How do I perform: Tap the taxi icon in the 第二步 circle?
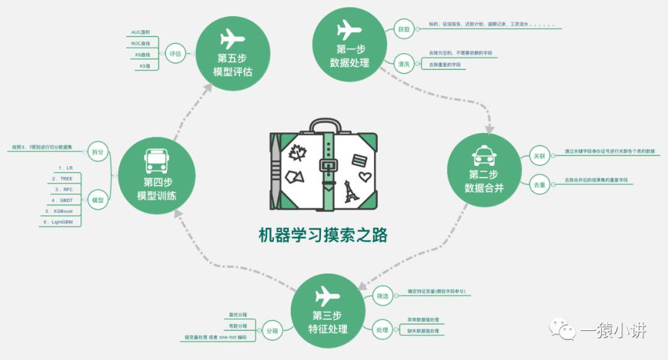click(484, 153)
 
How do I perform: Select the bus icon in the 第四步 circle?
click(156, 160)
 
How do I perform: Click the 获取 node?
click(403, 28)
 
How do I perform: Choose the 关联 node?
click(539, 156)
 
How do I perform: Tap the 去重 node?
click(539, 184)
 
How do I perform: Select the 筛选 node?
click(382, 297)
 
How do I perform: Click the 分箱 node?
click(272, 330)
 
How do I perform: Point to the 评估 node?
click(175, 54)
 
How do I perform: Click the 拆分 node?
click(97, 152)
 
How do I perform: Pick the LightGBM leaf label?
click(62, 221)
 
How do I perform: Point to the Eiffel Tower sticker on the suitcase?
click(350, 191)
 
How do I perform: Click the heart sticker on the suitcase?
click(364, 178)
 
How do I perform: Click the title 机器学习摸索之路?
click(323, 235)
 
